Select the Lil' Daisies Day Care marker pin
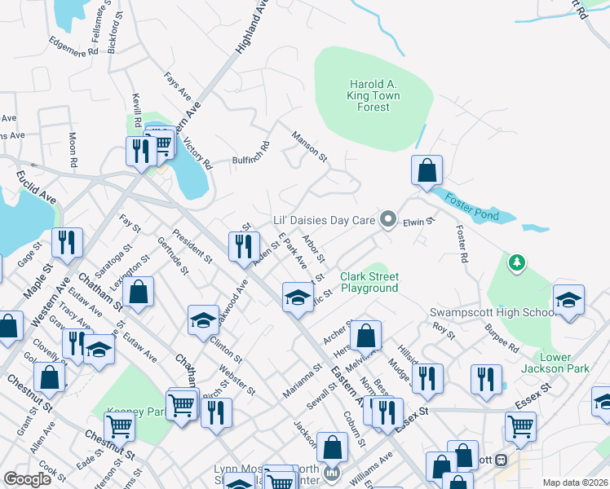tap(388, 220)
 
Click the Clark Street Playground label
tap(369, 282)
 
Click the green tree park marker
tap(515, 262)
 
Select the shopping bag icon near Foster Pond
tap(427, 170)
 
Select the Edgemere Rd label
tap(73, 45)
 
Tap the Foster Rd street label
tap(462, 243)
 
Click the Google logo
tap(27, 479)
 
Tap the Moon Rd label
tap(73, 150)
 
